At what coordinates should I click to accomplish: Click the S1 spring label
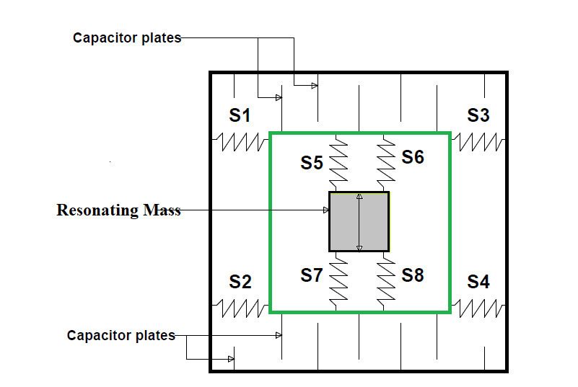(x=240, y=115)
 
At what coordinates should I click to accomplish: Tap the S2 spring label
(x=240, y=282)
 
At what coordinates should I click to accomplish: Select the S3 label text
(x=478, y=115)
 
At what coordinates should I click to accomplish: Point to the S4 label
(x=478, y=282)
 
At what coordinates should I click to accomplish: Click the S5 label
(x=312, y=163)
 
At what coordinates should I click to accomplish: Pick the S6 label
(x=413, y=157)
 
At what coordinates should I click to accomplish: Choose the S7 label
(x=312, y=275)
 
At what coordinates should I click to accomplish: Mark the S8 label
(x=413, y=275)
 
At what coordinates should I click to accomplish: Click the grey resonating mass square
(x=359, y=222)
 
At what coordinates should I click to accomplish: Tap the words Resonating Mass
(x=118, y=210)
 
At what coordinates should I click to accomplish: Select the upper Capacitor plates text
(x=127, y=38)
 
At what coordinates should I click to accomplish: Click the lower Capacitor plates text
(x=121, y=335)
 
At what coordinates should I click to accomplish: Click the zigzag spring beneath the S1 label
(x=240, y=142)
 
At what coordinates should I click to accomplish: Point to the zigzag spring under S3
(x=478, y=142)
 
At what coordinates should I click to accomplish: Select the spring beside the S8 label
(x=386, y=282)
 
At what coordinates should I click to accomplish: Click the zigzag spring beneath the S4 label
(x=478, y=308)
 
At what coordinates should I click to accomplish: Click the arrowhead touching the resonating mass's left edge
(x=326, y=210)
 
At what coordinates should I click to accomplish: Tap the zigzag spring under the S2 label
(x=240, y=308)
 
